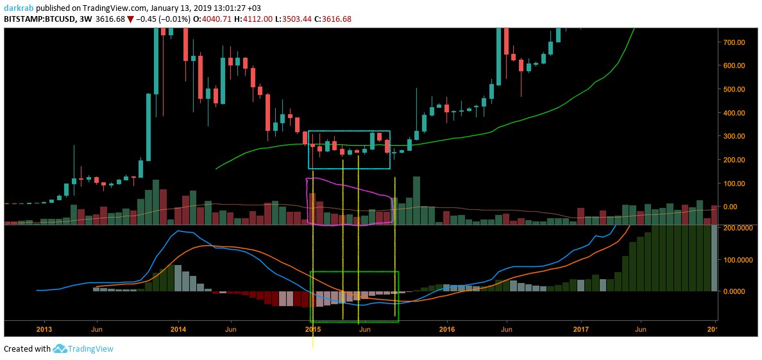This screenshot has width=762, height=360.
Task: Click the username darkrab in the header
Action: click(x=19, y=8)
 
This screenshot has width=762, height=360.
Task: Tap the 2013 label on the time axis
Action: click(x=44, y=329)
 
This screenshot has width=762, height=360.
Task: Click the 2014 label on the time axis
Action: click(x=178, y=329)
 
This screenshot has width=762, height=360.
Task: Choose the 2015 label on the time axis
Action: click(x=313, y=329)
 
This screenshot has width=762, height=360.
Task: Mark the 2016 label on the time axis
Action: click(x=447, y=329)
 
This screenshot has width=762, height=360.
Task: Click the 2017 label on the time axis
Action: click(x=581, y=329)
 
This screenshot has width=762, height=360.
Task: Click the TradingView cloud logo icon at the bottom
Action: click(x=60, y=349)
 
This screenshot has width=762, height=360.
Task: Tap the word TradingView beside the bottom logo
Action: click(x=92, y=349)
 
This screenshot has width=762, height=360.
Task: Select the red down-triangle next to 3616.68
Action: click(x=130, y=19)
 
